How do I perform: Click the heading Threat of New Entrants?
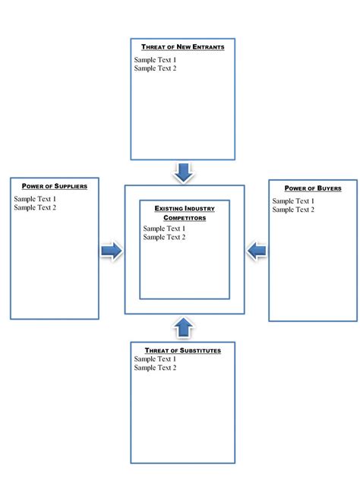tap(182, 47)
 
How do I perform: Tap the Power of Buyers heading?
tap(313, 188)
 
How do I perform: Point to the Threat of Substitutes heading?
tap(182, 350)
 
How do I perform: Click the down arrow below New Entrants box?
tap(183, 172)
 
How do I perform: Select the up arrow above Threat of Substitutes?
tap(183, 327)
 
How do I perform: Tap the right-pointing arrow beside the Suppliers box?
tap(112, 251)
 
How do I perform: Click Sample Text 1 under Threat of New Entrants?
tap(155, 59)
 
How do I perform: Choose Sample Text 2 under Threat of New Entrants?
tap(155, 68)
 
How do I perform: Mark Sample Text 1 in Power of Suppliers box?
tap(35, 199)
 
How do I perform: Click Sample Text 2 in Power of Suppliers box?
tap(35, 207)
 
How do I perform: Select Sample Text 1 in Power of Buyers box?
tap(293, 201)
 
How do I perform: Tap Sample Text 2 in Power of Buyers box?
tap(293, 210)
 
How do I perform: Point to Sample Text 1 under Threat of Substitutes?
tap(155, 359)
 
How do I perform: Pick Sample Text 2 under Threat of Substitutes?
tap(155, 368)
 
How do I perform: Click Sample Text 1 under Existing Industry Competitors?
tap(164, 229)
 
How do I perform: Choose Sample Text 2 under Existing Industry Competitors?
tap(164, 238)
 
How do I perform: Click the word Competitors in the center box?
tap(185, 218)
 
